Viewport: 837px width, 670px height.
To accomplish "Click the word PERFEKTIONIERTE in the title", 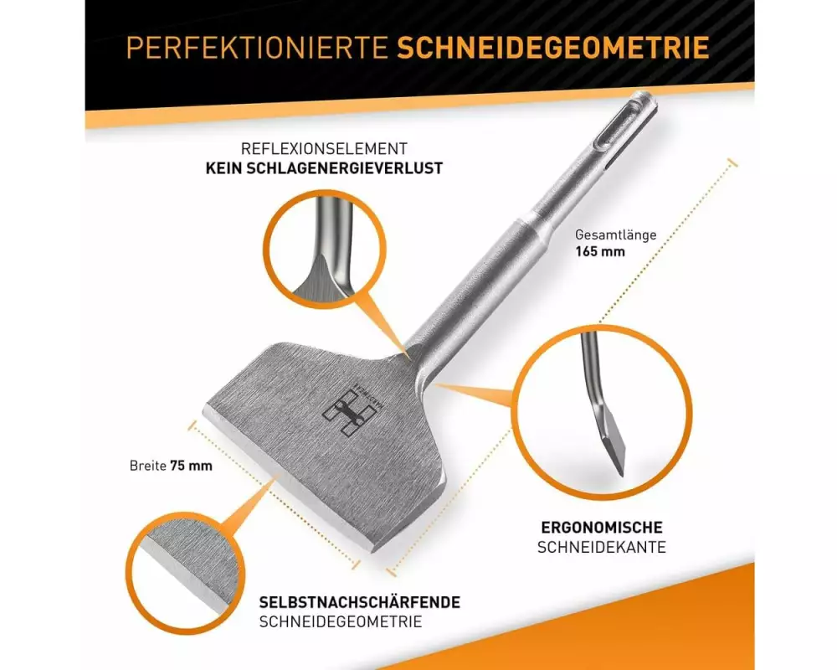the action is click(257, 48).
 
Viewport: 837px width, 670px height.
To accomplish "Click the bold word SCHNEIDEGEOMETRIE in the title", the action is click(553, 48).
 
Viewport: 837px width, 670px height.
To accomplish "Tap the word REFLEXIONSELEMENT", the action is click(324, 148).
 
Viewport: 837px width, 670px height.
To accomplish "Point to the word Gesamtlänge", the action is click(615, 235).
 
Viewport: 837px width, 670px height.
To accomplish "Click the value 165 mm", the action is click(600, 251).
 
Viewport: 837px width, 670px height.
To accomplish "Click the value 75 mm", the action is click(191, 466).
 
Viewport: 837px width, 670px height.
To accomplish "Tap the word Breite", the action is click(148, 466).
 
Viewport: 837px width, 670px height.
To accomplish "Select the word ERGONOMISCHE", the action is click(602, 528).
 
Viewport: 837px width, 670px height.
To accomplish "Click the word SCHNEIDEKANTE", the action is click(602, 547).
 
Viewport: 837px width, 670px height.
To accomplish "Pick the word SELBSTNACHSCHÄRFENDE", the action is click(360, 602).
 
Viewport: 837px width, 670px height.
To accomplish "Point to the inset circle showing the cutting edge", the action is click(185, 574).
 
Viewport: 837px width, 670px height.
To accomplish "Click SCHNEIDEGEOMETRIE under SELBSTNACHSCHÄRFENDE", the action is click(341, 622).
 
